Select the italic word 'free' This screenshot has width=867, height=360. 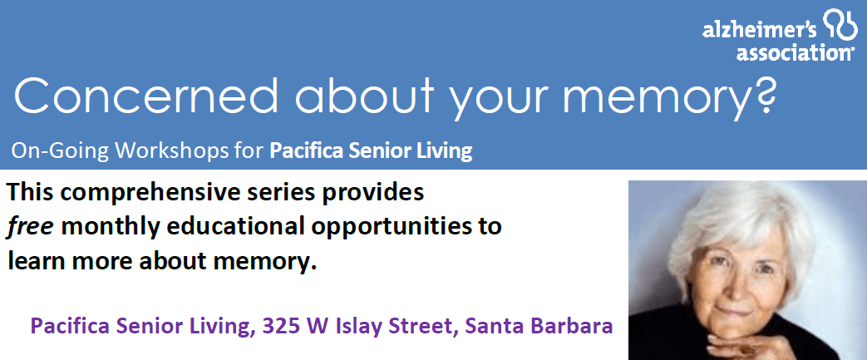[29, 227]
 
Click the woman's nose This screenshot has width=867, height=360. [736, 288]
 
